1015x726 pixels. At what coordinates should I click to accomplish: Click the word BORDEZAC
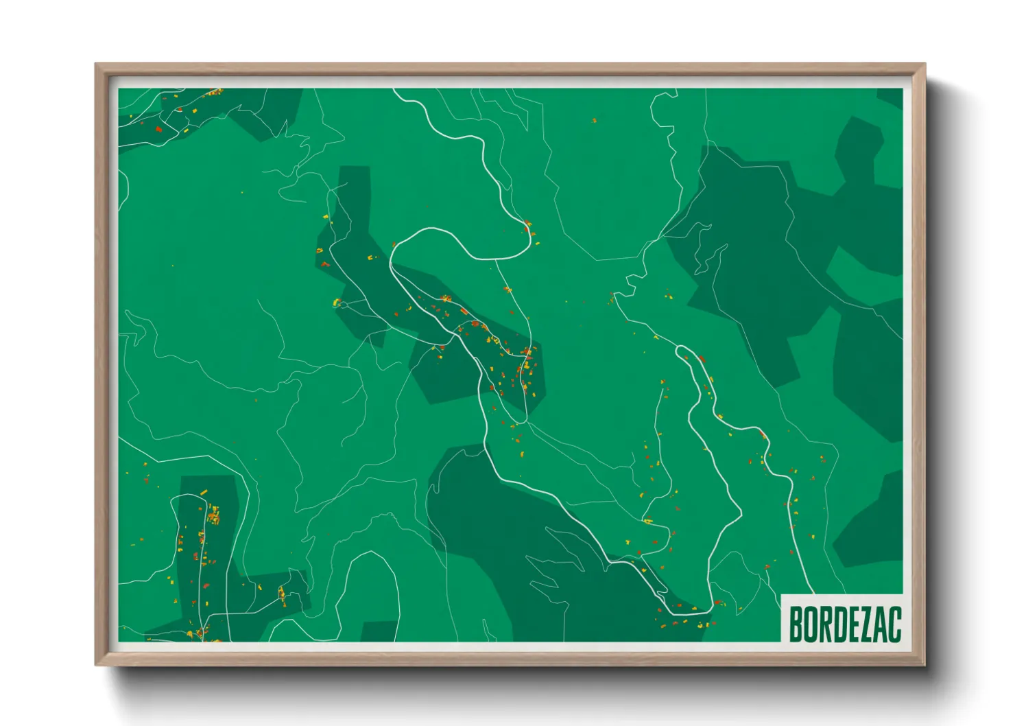(x=844, y=624)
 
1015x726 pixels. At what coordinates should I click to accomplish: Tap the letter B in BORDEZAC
(x=796, y=624)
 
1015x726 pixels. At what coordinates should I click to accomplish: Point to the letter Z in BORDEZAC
(x=863, y=624)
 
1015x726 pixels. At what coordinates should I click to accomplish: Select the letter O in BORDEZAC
(x=810, y=624)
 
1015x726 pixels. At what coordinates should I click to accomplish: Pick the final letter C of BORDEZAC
(x=894, y=624)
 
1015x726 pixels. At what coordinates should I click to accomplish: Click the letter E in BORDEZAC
(x=849, y=624)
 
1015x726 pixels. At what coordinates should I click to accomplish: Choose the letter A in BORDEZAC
(x=878, y=624)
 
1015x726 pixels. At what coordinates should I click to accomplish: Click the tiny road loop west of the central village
(x=340, y=304)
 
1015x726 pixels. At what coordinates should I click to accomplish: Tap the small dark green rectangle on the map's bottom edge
(x=379, y=632)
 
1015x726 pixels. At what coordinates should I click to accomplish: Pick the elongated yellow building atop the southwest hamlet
(x=203, y=493)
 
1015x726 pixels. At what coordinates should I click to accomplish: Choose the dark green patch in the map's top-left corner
(x=206, y=113)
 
